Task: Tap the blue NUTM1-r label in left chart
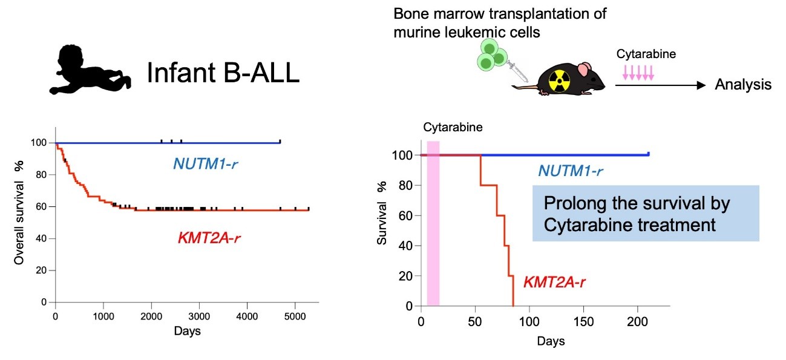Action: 205,164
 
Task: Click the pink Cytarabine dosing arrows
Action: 638,73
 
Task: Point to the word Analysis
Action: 743,85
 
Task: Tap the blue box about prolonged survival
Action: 646,214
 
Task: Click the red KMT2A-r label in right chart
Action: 554,281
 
